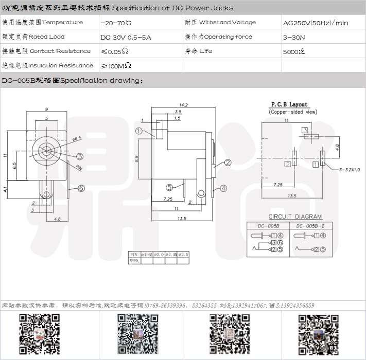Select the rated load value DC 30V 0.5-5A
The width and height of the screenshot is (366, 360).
coord(126,38)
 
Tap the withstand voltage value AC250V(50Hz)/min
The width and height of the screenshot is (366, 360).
coord(316,23)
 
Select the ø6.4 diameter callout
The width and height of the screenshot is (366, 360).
coord(77,139)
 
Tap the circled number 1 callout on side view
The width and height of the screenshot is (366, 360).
coord(139,131)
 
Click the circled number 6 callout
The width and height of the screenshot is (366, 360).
coord(81,188)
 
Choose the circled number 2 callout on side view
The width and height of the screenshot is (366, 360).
coord(228,163)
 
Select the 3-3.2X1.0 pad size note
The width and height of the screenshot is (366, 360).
coord(350,170)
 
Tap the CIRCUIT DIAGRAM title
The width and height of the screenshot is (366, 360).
coord(295,217)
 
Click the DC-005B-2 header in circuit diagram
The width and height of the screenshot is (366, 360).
coord(311,226)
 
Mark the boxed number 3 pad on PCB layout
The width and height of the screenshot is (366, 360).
coord(305,130)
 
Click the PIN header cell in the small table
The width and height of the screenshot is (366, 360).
coord(133,255)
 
